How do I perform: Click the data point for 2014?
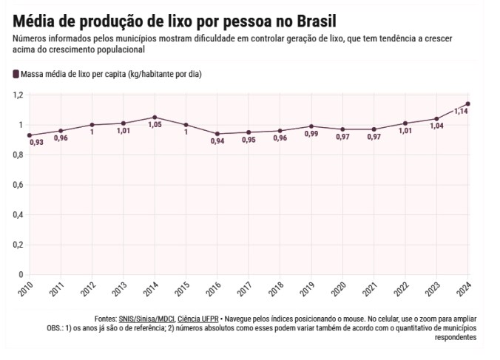point(155,118)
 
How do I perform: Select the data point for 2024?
point(468,103)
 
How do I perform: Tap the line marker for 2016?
point(217,134)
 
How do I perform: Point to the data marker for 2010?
point(30,135)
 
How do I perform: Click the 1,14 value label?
point(460,111)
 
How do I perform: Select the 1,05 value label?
point(155,125)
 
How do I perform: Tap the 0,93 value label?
point(36,142)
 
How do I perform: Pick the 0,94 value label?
point(217,141)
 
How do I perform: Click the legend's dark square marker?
point(16,74)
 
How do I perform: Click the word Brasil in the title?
point(310,19)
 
